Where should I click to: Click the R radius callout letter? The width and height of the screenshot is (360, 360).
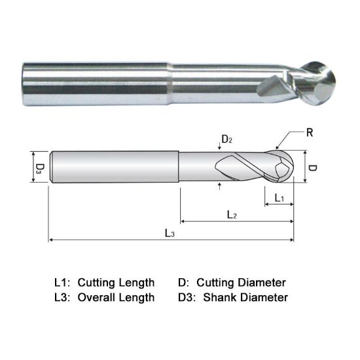pos(310,133)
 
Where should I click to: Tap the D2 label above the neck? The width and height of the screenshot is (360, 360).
pos(226,139)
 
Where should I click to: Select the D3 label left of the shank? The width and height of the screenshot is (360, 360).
pos(40,168)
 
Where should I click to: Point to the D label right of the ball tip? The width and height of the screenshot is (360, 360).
pos(312,168)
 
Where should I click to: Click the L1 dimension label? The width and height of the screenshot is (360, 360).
pos(279,198)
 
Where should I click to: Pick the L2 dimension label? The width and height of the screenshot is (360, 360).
pos(232,215)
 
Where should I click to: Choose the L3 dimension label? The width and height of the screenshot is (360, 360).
pos(170,233)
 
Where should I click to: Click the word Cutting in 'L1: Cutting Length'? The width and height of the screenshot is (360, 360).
pos(96,283)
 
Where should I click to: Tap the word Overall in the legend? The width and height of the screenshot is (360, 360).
pos(96,298)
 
